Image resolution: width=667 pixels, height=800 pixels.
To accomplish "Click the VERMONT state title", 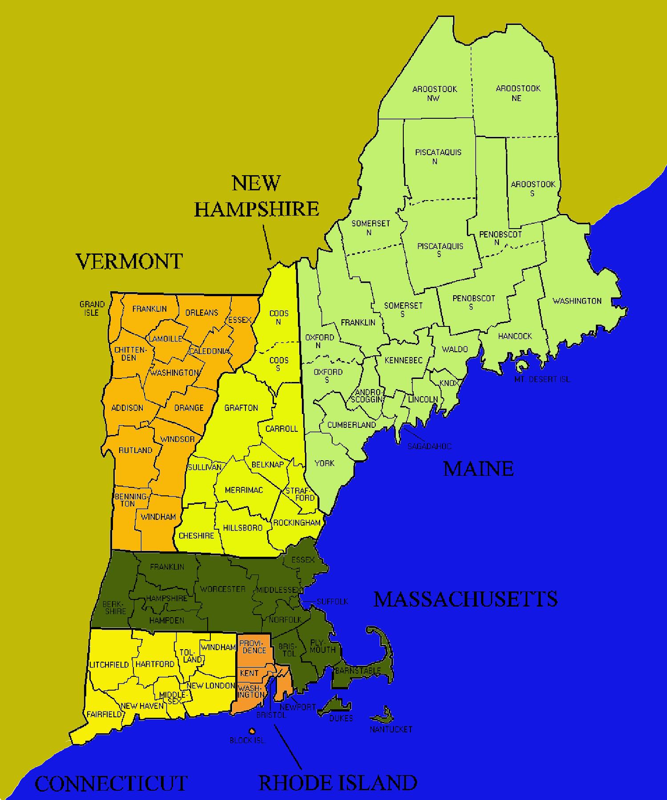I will [129, 261].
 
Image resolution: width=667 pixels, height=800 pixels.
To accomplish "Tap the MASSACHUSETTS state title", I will [466, 599].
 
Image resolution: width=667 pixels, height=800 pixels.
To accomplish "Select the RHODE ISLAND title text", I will [338, 783].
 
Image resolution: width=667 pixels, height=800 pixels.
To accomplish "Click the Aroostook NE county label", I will [518, 93].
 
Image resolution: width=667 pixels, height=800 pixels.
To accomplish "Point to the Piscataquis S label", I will [440, 249].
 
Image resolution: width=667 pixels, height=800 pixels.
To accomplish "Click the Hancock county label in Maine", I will [515, 336].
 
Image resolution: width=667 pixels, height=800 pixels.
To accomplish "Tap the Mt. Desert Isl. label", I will [542, 379].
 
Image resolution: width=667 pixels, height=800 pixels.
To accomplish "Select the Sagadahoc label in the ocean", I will [429, 446].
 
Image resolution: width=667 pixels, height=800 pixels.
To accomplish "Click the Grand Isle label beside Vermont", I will [92, 308].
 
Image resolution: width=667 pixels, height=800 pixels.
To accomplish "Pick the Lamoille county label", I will [165, 339].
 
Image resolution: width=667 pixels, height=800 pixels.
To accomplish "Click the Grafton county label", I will [241, 408].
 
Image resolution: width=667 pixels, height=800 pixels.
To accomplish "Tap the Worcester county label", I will [222, 589].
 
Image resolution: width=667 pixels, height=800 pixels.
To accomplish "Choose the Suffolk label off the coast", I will [332, 601].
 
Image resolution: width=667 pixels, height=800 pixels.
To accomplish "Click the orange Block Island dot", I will [252, 731].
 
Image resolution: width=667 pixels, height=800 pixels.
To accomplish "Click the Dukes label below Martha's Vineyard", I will [341, 718].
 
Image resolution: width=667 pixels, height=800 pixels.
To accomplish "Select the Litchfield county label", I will [109, 665].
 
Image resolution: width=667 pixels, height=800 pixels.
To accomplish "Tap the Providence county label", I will [254, 647].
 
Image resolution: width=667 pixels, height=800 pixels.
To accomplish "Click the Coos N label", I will [279, 317].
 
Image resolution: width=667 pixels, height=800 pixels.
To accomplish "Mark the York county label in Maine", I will [324, 463].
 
